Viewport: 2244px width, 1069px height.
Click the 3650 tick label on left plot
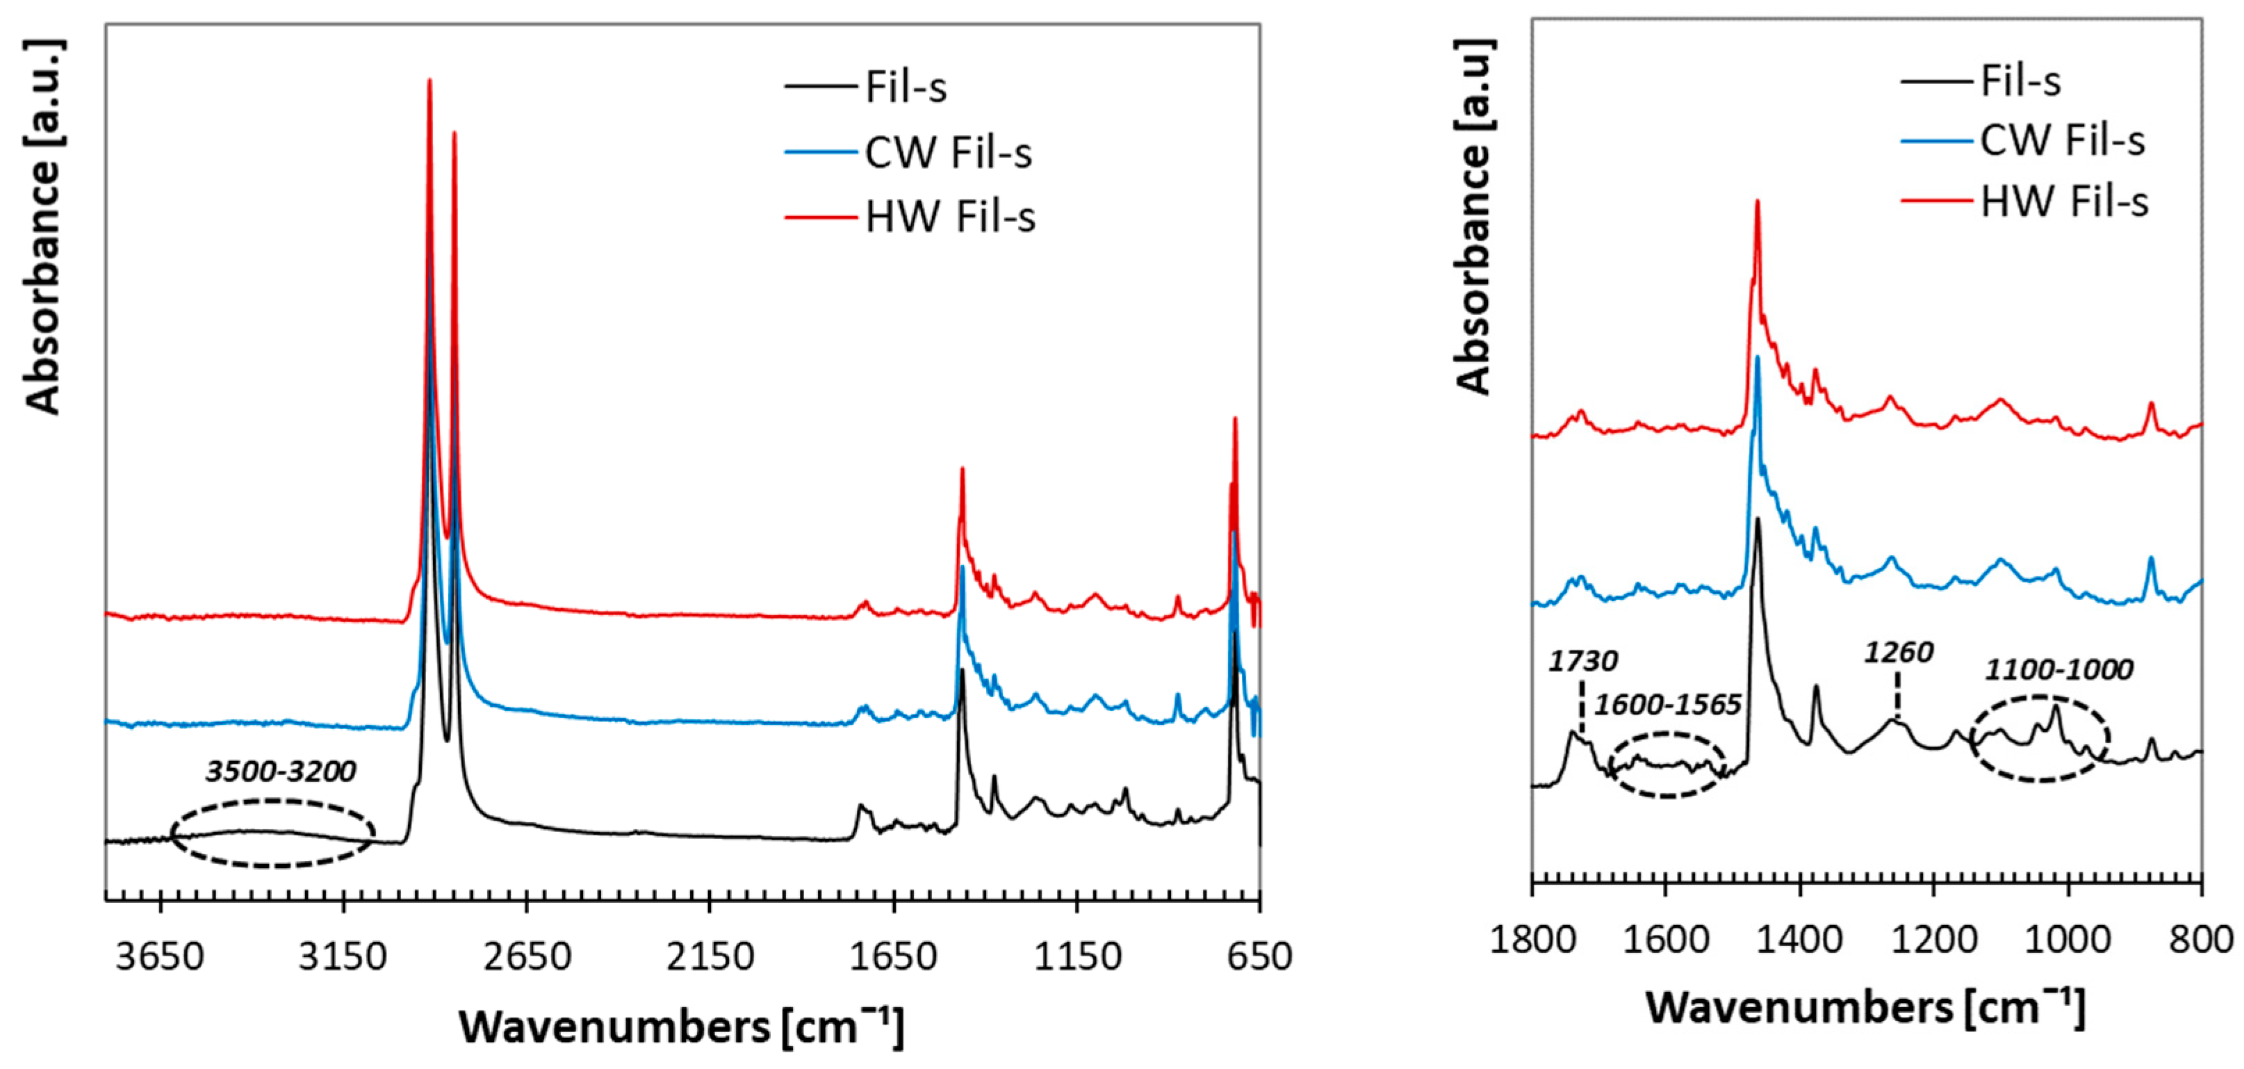click(161, 956)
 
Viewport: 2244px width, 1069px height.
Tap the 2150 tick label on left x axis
click(710, 956)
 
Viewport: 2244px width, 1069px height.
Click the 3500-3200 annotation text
click(281, 771)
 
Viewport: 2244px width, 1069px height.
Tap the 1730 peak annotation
click(1583, 661)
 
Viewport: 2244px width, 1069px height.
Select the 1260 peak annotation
click(1899, 652)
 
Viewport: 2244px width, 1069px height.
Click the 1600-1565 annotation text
click(1667, 704)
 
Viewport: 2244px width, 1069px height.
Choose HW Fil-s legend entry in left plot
click(949, 217)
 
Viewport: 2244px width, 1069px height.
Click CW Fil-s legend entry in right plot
click(2061, 141)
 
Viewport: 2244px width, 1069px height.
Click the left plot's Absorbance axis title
click(44, 227)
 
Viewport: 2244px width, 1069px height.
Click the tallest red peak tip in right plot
click(1757, 202)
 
